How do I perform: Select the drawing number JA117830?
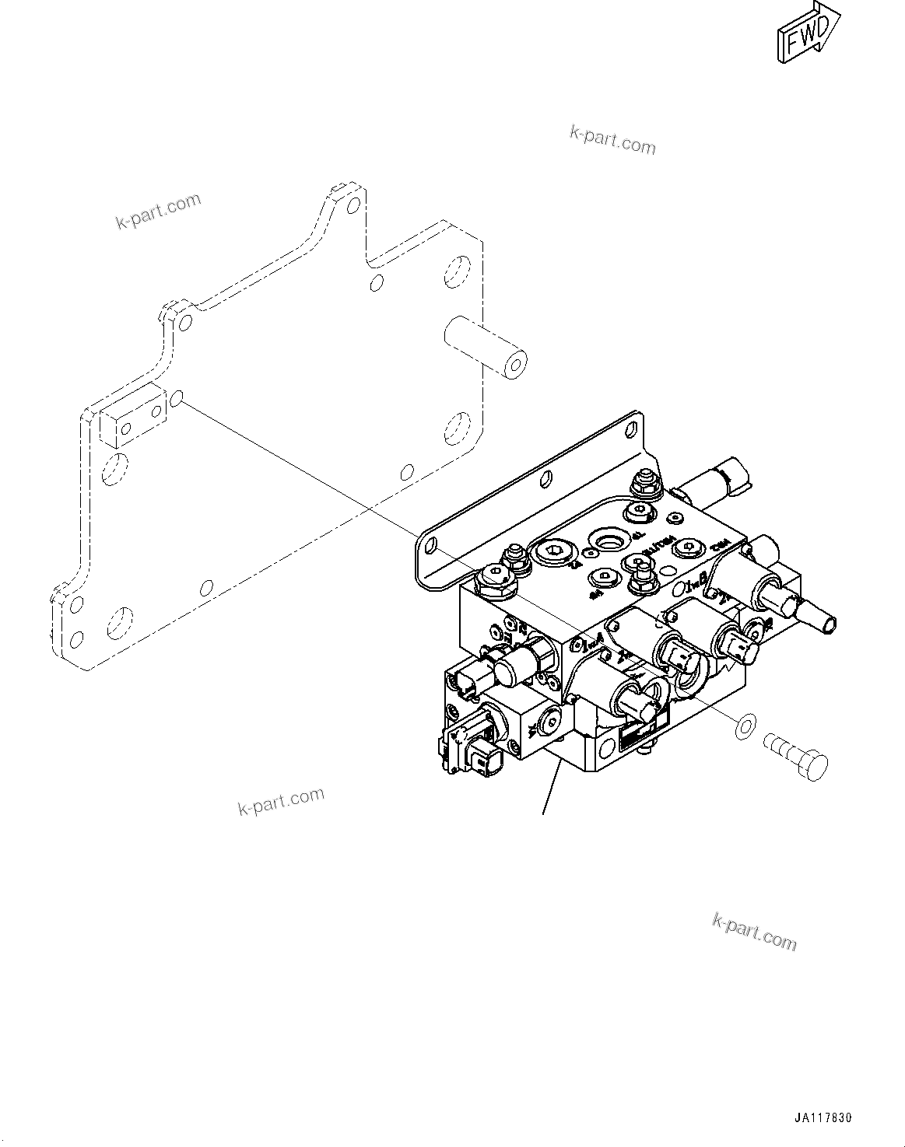(823, 1117)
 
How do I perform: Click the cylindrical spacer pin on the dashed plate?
(484, 347)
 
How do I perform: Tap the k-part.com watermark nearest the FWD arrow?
(612, 140)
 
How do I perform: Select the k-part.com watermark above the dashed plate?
(159, 212)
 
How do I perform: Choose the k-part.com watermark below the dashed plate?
(281, 801)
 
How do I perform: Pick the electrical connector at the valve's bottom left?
(467, 750)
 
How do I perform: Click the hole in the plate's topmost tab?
(353, 206)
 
